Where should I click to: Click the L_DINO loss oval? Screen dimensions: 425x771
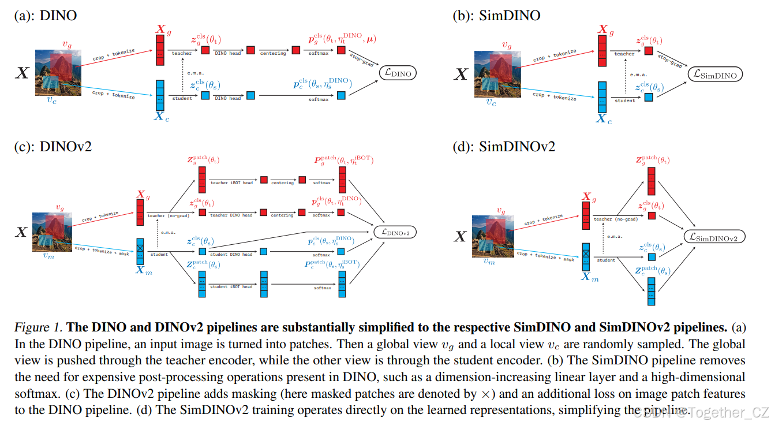coord(397,73)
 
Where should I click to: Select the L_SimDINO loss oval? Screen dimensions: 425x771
coord(715,74)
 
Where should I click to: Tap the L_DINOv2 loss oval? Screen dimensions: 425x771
coord(395,232)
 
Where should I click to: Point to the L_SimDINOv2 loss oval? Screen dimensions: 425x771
coord(714,237)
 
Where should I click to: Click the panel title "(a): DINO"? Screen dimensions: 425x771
coord(46,16)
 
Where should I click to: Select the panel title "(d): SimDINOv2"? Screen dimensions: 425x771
coord(503,147)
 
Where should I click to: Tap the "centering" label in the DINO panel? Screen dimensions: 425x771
coord(274,53)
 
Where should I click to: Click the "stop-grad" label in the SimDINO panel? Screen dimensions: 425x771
coord(671,60)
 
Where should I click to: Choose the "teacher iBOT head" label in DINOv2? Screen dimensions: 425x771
coord(231,182)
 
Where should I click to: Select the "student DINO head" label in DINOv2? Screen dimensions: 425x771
coord(231,254)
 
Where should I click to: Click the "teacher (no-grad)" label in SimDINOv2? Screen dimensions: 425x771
coord(615,219)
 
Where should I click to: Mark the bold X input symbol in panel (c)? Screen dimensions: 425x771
coord(21,232)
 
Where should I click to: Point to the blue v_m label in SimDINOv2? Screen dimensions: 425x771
coord(488,262)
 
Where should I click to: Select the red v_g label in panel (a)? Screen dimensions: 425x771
coord(68,43)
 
